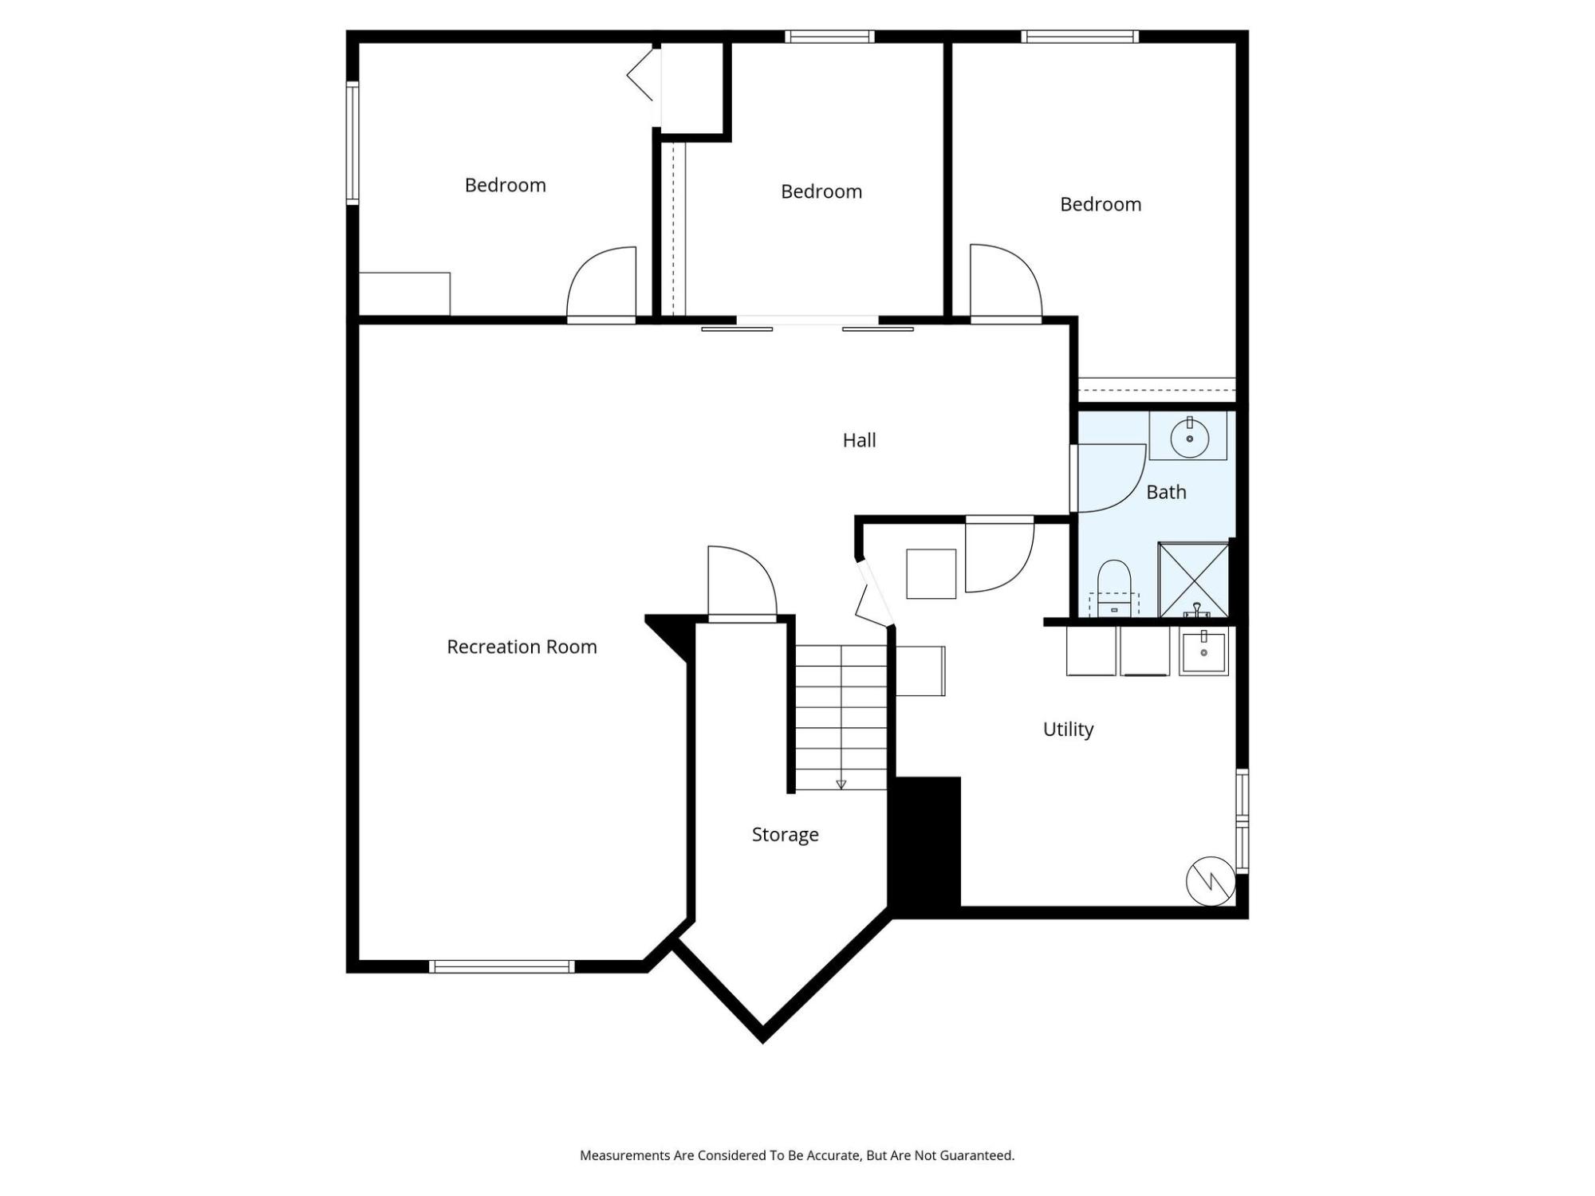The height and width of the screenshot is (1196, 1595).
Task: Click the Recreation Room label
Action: pos(522,647)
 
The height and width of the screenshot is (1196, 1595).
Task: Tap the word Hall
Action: pos(859,440)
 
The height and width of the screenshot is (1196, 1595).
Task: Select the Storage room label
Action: pos(785,835)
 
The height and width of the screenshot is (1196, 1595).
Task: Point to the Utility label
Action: pos(1068,730)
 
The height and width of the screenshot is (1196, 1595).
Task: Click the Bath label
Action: pos(1166,492)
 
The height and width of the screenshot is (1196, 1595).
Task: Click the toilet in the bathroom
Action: pos(1114,588)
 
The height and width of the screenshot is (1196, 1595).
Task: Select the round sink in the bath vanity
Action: pos(1189,438)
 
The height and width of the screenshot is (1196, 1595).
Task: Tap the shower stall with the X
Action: pos(1193,580)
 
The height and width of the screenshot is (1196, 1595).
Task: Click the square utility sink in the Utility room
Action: pos(1203,652)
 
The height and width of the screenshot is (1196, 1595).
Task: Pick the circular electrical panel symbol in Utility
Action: pos(1211,881)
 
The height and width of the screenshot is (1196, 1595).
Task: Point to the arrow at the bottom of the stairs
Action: pos(841,785)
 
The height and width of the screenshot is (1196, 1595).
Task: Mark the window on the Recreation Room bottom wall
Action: pos(502,966)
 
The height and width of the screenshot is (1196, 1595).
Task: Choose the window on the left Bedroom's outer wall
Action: pos(352,143)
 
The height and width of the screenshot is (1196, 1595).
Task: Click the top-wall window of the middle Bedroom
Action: pos(829,37)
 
